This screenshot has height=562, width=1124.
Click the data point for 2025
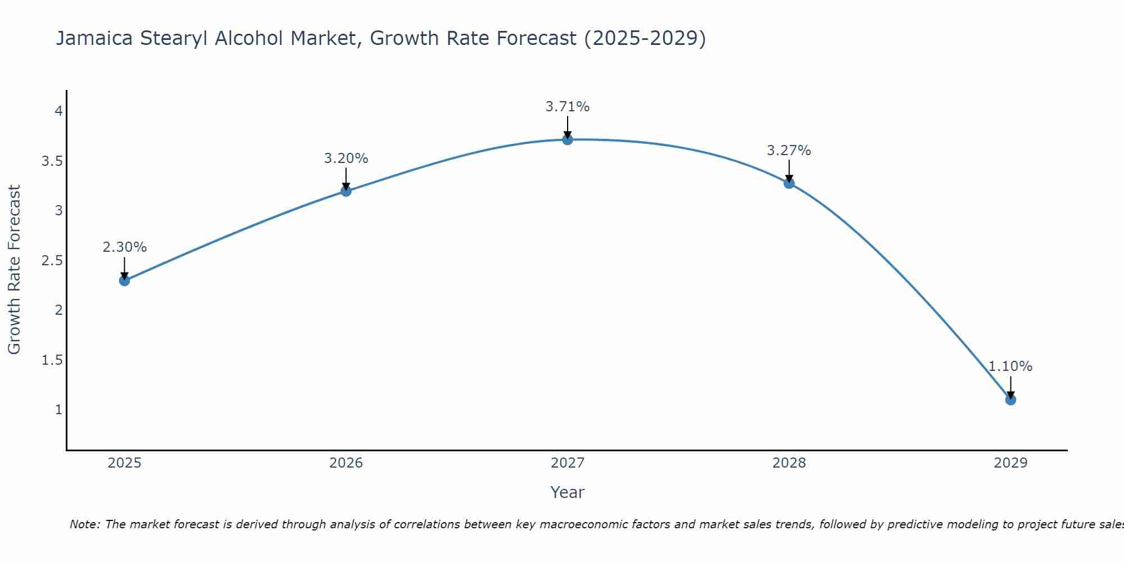(x=124, y=280)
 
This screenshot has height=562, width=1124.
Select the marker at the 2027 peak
(x=568, y=139)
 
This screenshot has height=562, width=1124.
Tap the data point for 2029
(x=1010, y=400)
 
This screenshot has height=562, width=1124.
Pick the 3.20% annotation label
(x=346, y=158)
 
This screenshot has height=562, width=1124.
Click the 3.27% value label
(x=789, y=151)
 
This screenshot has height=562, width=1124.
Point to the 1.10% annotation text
(x=1010, y=366)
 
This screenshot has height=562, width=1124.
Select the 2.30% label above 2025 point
(x=124, y=247)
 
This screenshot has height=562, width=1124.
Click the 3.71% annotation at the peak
(x=568, y=107)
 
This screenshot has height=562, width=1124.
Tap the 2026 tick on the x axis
(x=346, y=463)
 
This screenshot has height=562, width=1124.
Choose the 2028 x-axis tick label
(x=789, y=463)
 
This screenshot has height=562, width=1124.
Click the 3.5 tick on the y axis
(x=52, y=161)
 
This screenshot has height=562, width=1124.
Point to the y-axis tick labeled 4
(x=58, y=111)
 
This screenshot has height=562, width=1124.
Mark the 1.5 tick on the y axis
(x=52, y=360)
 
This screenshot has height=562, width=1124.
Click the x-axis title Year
(x=568, y=492)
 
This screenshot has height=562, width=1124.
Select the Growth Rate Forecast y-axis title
(x=14, y=269)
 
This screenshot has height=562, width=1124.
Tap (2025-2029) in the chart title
(x=645, y=38)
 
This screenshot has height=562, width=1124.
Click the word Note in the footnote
(x=84, y=524)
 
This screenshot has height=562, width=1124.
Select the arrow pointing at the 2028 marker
(x=789, y=171)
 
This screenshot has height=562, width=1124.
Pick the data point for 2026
(x=346, y=191)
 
